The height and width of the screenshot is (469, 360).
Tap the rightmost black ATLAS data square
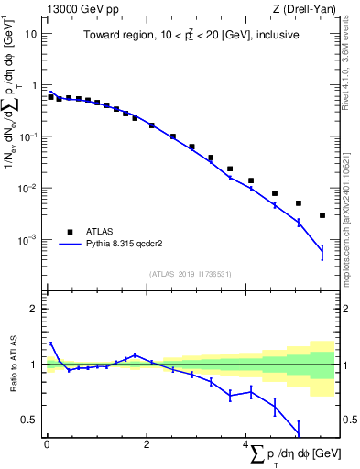pos(322,215)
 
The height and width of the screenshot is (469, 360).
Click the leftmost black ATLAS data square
pos(50,96)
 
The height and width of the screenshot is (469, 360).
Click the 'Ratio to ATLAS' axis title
pos(12,365)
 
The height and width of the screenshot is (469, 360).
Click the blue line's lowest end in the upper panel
pos(322,251)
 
